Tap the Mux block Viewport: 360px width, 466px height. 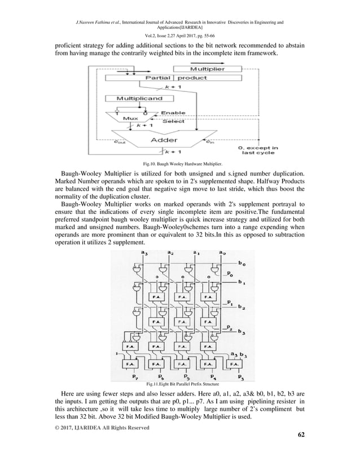click(x=131, y=119)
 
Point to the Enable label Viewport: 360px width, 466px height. click(x=173, y=113)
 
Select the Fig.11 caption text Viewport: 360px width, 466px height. click(x=179, y=384)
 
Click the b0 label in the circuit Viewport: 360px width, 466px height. click(x=242, y=263)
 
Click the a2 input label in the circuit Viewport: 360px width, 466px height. click(x=170, y=252)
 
